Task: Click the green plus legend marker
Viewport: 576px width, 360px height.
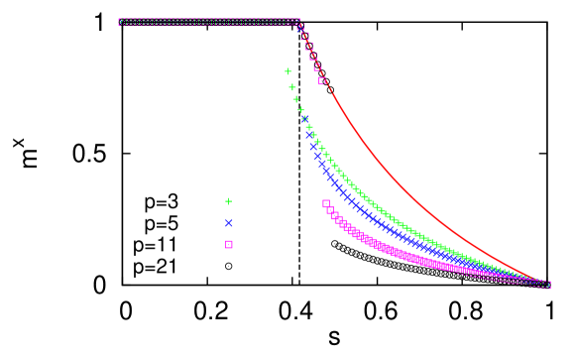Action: [228, 201]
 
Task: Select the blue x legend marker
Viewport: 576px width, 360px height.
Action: [229, 223]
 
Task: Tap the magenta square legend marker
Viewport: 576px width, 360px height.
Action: [229, 244]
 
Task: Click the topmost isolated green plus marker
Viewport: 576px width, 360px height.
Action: [288, 71]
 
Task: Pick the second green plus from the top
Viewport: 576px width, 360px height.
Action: [291, 87]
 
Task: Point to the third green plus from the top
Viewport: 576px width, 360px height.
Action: [295, 99]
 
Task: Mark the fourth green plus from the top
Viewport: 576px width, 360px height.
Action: [300, 110]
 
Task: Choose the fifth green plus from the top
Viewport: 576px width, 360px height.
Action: [304, 119]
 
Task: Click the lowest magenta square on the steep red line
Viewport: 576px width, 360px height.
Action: [321, 81]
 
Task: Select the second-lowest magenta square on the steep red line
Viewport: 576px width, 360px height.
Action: [317, 67]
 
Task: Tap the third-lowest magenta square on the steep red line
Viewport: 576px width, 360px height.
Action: [313, 57]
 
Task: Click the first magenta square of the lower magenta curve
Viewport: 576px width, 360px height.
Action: [326, 203]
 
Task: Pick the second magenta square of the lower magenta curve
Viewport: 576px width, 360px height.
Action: [330, 209]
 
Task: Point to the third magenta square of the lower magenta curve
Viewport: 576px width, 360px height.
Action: [335, 215]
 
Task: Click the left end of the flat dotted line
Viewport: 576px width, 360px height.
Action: [121, 22]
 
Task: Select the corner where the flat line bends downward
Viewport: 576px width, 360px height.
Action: [297, 22]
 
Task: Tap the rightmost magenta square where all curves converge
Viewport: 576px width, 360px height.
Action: [546, 285]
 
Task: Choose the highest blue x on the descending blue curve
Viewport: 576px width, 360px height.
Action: [305, 119]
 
